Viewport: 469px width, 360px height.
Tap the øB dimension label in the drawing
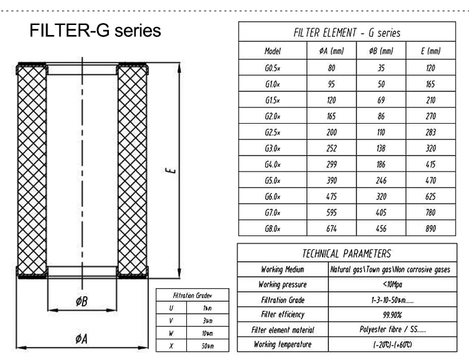(x=81, y=302)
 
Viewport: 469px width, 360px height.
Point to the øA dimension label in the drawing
(x=81, y=339)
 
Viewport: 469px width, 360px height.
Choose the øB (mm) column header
(x=381, y=51)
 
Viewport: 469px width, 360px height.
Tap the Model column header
(x=273, y=51)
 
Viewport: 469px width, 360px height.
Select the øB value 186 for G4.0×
(x=381, y=164)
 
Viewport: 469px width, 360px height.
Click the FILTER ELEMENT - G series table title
(x=346, y=33)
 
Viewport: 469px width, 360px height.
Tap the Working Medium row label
(x=283, y=270)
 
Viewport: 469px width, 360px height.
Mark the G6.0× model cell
(x=273, y=197)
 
